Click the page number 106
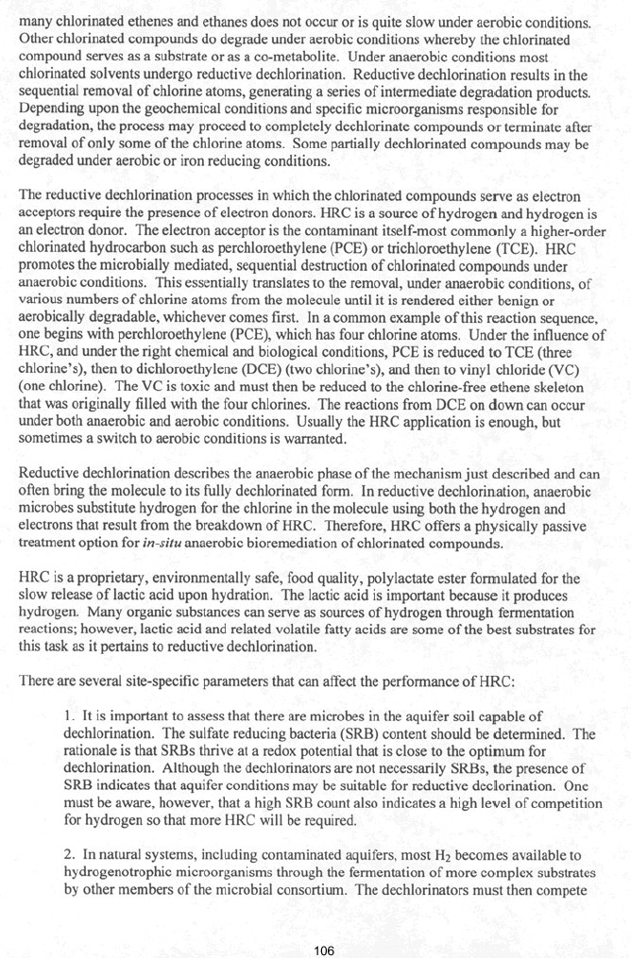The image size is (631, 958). click(324, 950)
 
